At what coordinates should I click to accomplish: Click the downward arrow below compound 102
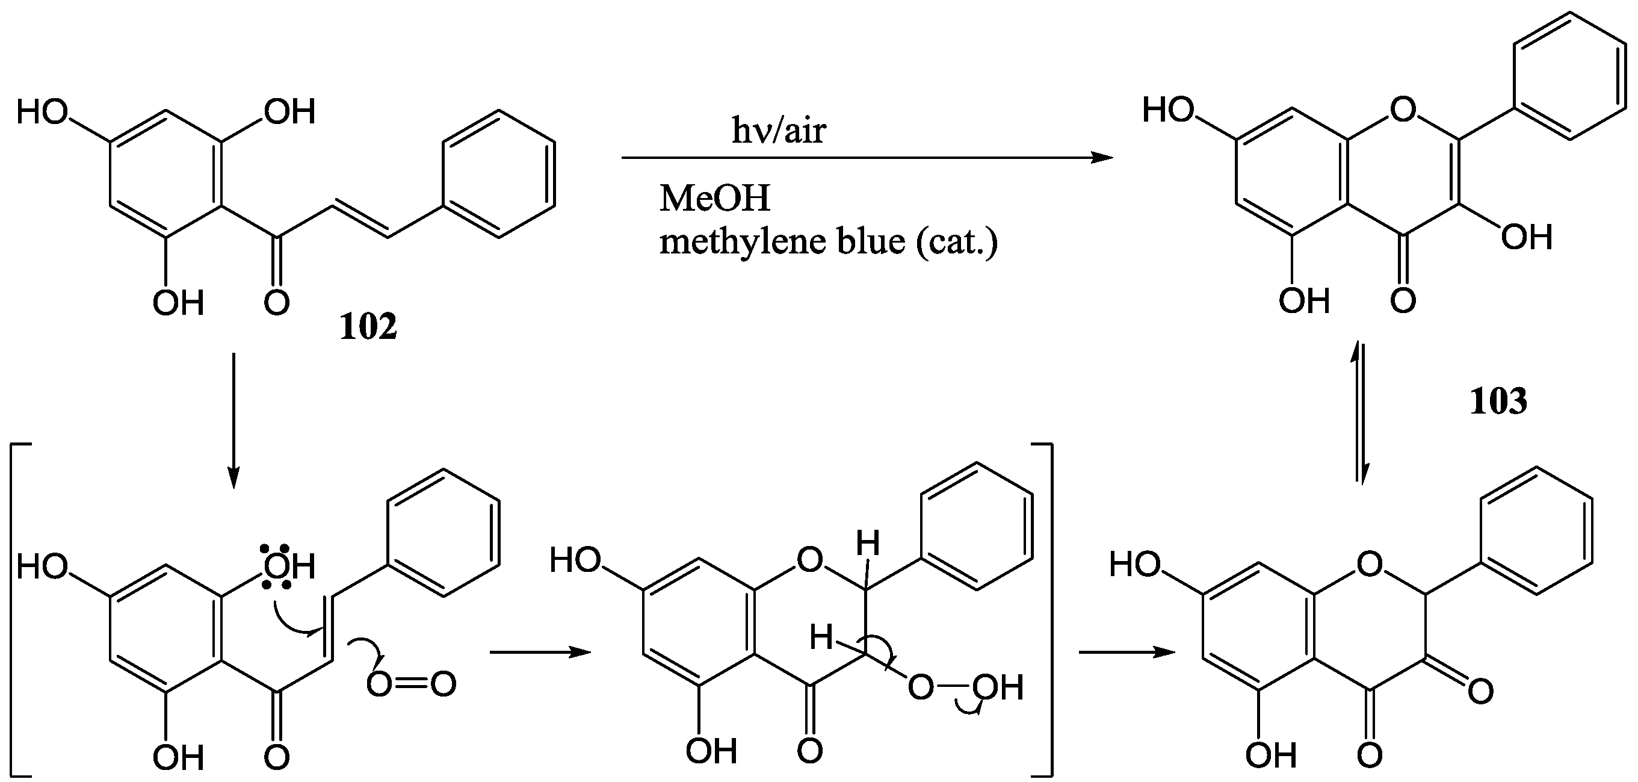(x=233, y=420)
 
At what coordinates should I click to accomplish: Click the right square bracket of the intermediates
(x=1047, y=611)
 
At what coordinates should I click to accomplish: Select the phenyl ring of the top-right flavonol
(x=1569, y=75)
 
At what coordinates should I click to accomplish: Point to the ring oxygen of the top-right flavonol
(x=1403, y=110)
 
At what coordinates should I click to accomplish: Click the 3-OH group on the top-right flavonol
(x=1526, y=238)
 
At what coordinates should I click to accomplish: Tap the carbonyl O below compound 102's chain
(x=277, y=302)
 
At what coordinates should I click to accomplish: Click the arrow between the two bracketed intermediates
(x=540, y=652)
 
